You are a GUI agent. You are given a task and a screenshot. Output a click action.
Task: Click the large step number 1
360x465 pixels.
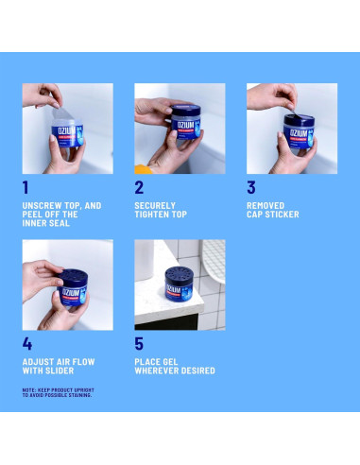[x=26, y=187]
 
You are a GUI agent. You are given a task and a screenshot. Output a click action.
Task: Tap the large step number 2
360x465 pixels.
[x=140, y=187]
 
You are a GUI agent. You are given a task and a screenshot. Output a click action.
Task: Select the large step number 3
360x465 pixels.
[x=251, y=187]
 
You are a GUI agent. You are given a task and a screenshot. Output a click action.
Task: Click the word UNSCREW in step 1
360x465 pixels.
[x=41, y=205]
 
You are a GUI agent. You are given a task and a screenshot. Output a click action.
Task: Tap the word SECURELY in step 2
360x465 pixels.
[x=155, y=205]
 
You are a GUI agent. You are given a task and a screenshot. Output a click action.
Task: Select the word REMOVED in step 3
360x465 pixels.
[x=265, y=205]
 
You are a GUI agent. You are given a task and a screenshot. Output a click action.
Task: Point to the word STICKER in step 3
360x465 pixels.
[x=282, y=215]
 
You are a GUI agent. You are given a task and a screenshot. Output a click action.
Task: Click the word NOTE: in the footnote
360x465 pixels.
[x=30, y=389]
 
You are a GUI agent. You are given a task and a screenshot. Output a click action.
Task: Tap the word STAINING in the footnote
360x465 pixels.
[x=77, y=395]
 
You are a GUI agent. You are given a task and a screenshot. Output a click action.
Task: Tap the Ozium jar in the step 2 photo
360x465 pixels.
[x=173, y=129]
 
